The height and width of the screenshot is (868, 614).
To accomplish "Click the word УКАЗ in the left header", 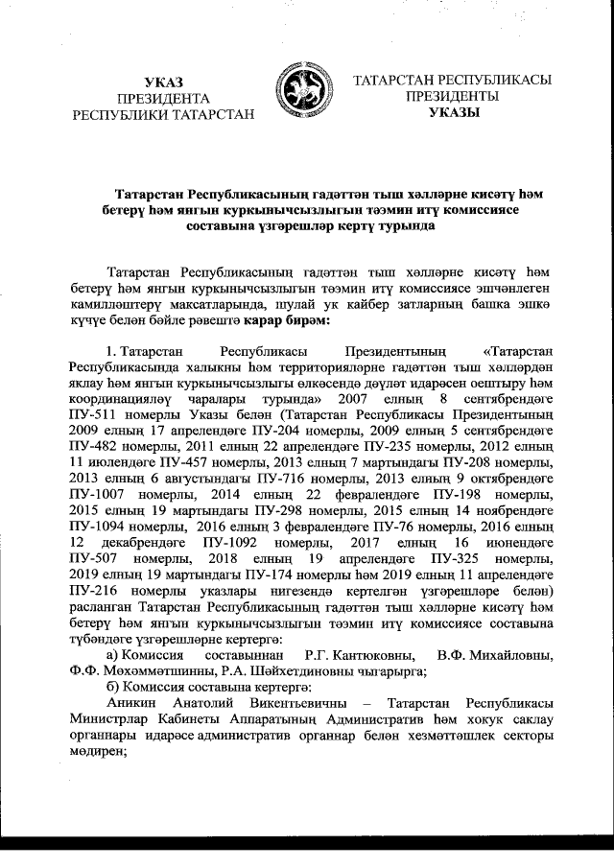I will (x=163, y=81).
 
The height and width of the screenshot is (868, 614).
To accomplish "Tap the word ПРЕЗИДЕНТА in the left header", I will (x=163, y=98).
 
